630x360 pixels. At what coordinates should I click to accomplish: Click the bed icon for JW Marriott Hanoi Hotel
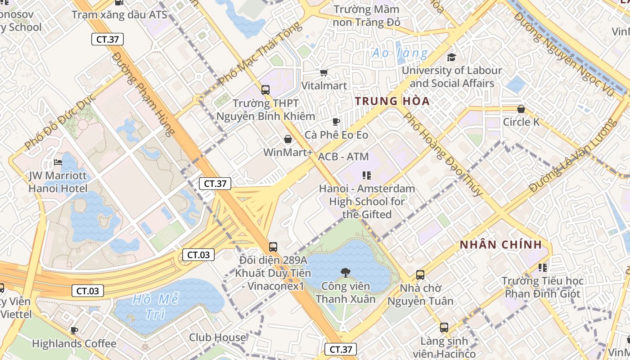58,162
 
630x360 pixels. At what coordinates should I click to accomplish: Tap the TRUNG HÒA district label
392,101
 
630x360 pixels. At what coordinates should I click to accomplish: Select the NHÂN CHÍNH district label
500,245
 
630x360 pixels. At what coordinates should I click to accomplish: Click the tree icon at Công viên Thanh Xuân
346,272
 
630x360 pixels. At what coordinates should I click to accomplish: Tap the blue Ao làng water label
400,54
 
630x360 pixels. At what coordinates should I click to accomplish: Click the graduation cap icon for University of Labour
451,57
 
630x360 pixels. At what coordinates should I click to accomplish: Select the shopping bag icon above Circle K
521,109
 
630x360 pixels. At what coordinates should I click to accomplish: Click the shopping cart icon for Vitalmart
324,72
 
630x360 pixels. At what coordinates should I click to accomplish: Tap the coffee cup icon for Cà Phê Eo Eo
336,121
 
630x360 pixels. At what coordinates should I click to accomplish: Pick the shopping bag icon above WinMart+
288,139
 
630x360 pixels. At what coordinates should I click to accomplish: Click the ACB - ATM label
343,157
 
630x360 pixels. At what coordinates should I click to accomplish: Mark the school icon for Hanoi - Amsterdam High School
367,175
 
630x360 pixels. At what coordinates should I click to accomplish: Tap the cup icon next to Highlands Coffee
74,331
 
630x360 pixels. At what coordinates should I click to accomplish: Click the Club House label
217,337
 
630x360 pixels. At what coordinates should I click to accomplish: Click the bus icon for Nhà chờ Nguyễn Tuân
420,274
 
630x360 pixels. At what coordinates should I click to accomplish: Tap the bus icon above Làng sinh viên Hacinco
444,327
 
